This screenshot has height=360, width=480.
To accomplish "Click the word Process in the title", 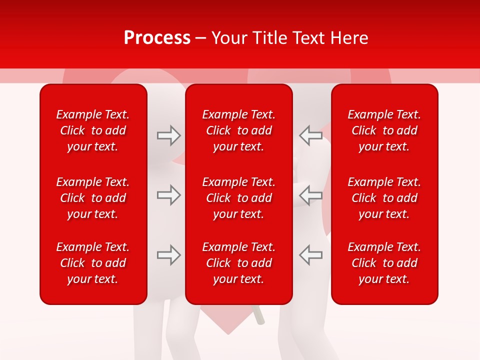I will tap(157, 38).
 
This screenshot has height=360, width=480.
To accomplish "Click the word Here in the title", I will tap(348, 38).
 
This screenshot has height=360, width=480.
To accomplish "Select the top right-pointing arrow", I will tap(168, 135).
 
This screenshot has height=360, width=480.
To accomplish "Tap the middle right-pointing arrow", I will tap(168, 195).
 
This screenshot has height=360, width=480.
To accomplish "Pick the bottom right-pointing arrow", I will tap(168, 255).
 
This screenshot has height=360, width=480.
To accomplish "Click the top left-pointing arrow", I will tap(310, 135).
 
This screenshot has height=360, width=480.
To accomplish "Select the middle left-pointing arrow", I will tap(310, 195).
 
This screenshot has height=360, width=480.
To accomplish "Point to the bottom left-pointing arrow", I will tap(310, 255).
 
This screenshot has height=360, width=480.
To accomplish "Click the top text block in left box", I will tap(93, 130).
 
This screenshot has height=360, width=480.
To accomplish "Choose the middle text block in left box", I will tap(93, 198).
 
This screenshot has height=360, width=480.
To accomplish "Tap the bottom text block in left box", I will tap(93, 263).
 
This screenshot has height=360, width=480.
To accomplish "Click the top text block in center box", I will tap(238, 130).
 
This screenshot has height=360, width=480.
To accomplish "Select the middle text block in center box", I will tap(238, 198).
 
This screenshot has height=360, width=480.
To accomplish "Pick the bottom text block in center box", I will tap(238, 263).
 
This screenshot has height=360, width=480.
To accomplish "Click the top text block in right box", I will tap(384, 130).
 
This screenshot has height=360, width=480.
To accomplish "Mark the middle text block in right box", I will tap(384, 198).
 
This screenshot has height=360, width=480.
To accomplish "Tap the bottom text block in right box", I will tap(384, 263).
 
